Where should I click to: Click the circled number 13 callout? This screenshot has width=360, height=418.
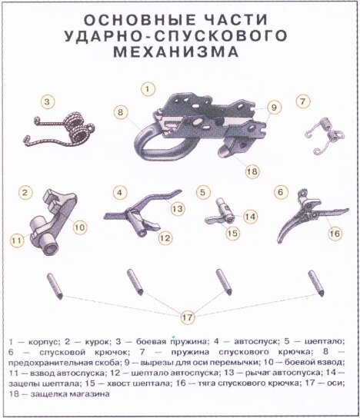point(175,208)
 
